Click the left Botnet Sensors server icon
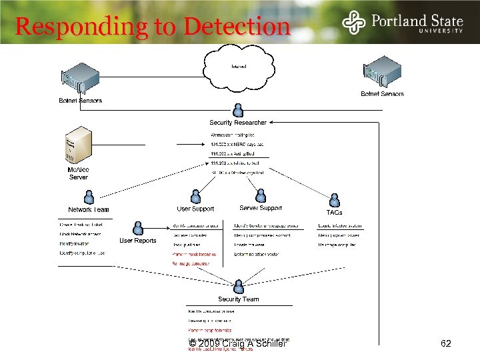79,81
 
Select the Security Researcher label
238,123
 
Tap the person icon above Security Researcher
238,110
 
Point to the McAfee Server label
78,173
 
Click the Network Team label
89,209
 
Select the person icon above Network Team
88,197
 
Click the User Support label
195,209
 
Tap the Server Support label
261,209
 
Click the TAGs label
334,213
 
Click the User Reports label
138,241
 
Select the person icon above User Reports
138,228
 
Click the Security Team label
238,299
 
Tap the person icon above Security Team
238,287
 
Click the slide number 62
447,344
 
